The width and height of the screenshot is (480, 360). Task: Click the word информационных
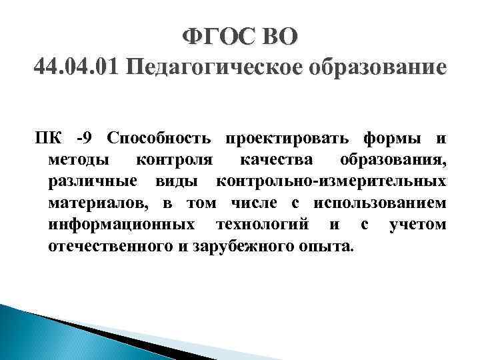pyautogui.click(x=122, y=225)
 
